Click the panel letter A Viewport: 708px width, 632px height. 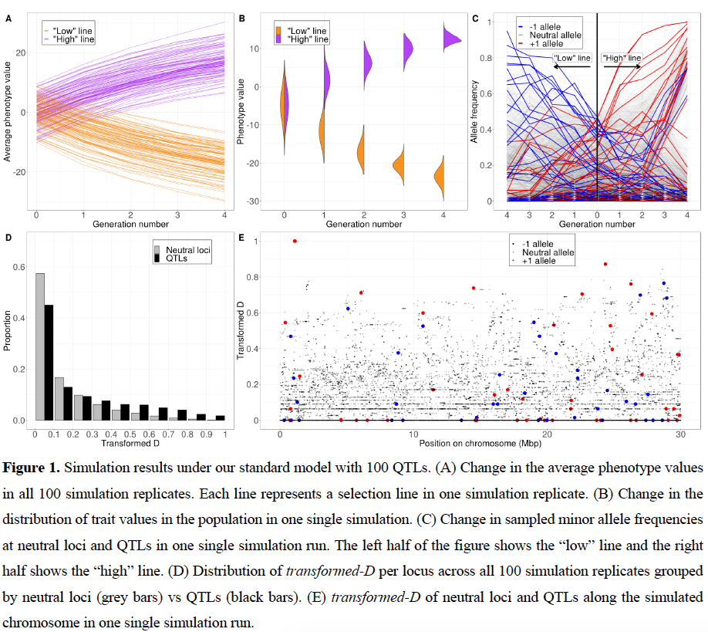[x=8, y=18]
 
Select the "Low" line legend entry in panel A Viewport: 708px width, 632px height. [x=67, y=29]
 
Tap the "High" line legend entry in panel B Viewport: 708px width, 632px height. [x=307, y=39]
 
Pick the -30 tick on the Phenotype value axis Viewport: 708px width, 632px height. [x=253, y=201]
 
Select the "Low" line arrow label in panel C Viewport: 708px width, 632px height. [x=572, y=58]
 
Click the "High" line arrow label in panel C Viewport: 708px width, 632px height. [x=622, y=58]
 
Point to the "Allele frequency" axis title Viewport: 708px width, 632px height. [x=474, y=112]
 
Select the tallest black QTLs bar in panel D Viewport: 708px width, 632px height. [x=49, y=363]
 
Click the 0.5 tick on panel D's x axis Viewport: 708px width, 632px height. [x=130, y=434]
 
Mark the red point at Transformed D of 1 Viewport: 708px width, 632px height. [x=294, y=241]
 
